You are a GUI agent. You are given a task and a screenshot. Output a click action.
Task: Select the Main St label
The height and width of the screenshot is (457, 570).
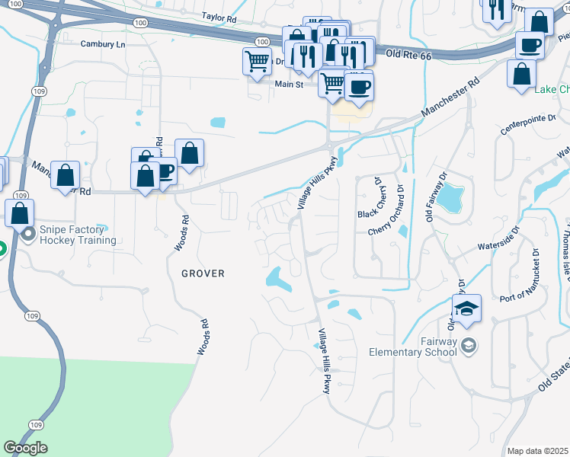pyautogui.click(x=289, y=85)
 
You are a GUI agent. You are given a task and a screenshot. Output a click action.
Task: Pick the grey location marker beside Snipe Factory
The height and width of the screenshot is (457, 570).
pyautogui.click(x=28, y=234)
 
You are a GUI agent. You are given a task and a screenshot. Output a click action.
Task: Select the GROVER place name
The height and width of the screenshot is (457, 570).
pyautogui.click(x=203, y=273)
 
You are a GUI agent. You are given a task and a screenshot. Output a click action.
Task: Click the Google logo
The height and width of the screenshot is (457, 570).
pyautogui.click(x=25, y=447)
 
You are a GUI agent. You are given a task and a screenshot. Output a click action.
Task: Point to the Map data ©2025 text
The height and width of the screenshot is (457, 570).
pyautogui.click(x=537, y=451)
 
